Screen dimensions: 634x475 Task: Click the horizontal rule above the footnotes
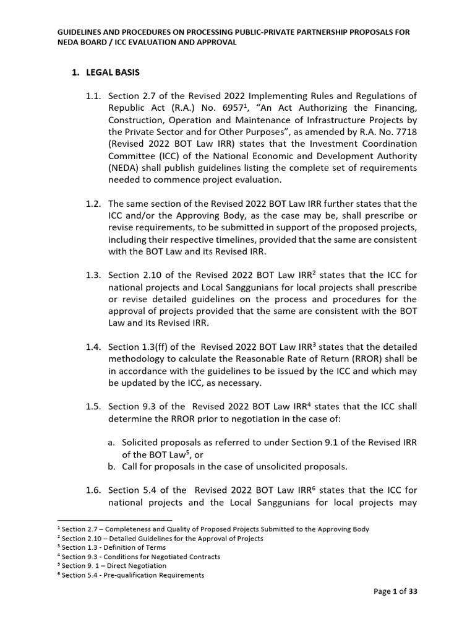[114, 520]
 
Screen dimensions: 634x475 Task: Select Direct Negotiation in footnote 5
[124, 566]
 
